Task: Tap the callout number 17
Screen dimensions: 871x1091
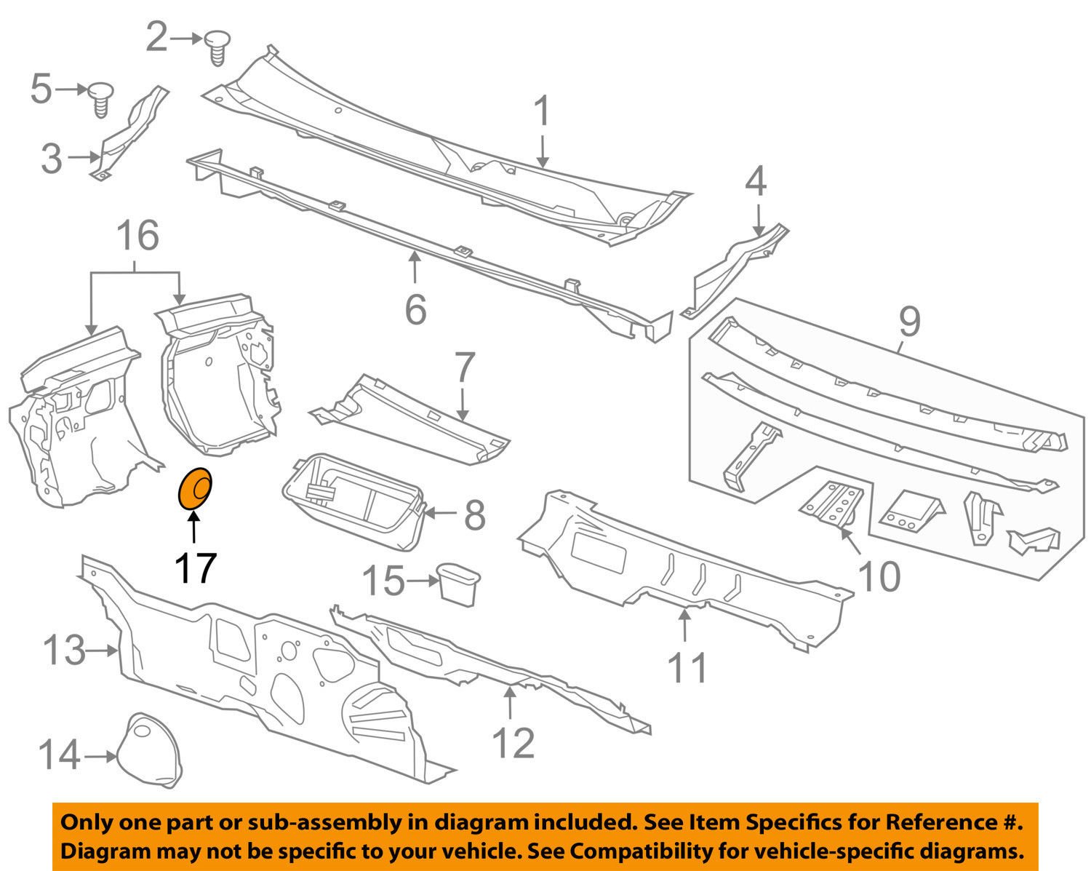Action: point(195,568)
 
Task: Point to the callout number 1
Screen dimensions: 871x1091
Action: point(542,114)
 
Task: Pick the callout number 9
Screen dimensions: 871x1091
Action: point(909,322)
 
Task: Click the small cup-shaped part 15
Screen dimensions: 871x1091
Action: point(458,583)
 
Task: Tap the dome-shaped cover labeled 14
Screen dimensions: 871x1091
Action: point(153,751)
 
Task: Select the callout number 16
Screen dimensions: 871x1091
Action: point(137,237)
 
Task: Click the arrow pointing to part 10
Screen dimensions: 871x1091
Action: point(849,544)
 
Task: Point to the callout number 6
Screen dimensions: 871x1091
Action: point(415,310)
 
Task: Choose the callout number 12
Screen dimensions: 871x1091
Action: point(513,743)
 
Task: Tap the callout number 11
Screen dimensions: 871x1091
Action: point(687,667)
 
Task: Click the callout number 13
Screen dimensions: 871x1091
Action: point(65,650)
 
